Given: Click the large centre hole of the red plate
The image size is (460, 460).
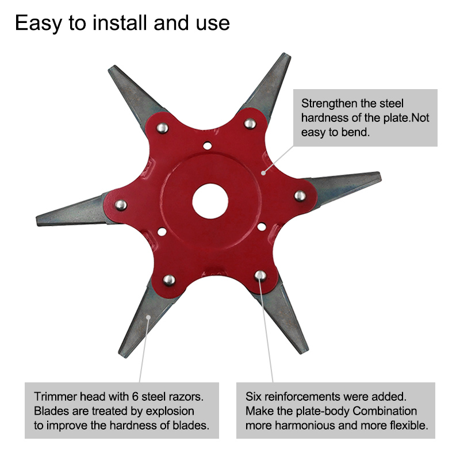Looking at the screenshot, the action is click(210, 201).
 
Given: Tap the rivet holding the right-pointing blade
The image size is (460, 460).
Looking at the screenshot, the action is click(300, 195).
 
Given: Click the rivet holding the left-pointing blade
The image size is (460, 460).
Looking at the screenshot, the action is click(121, 205).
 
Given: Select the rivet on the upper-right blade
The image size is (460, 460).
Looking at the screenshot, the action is click(250, 124).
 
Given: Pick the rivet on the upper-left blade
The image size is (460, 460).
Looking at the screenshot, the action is click(162, 128).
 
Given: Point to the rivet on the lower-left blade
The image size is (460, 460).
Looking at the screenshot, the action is click(169, 280).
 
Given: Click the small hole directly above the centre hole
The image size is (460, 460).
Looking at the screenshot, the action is click(208, 145).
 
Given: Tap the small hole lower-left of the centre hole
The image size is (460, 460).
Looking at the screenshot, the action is click(162, 232).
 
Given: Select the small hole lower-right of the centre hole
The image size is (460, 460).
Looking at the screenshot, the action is click(262, 227).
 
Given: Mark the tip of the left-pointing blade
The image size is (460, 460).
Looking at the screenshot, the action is click(37, 221).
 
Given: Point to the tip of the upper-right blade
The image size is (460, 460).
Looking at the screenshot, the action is click(287, 55).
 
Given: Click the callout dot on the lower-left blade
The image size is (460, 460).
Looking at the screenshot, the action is click(148, 317).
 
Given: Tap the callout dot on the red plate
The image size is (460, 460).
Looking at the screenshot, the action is click(263, 173).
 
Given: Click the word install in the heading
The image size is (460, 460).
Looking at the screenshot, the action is click(120, 23).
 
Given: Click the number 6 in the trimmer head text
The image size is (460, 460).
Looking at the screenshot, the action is click(135, 397).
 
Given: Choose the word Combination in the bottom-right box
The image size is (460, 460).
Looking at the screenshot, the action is click(385, 411).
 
